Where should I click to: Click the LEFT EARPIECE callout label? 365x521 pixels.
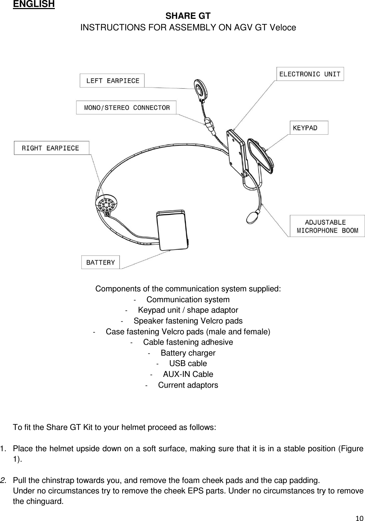point(112,81)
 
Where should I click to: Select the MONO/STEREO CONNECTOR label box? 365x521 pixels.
point(126,107)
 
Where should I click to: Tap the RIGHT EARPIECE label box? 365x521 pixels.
point(51,148)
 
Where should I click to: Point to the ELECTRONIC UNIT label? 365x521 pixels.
point(310,74)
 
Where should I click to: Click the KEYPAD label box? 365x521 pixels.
point(309,128)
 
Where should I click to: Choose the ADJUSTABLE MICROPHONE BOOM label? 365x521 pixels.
point(327,226)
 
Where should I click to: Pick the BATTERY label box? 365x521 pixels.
point(101,262)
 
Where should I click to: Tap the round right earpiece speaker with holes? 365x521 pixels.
point(107,203)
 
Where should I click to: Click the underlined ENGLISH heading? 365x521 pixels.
point(34,4)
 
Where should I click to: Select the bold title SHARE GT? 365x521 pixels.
point(188,16)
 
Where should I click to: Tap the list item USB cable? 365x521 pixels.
point(188,364)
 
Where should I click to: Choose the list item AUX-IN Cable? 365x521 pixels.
point(188,374)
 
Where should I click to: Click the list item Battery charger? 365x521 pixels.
point(188,353)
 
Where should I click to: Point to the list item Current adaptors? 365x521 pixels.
point(188,385)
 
